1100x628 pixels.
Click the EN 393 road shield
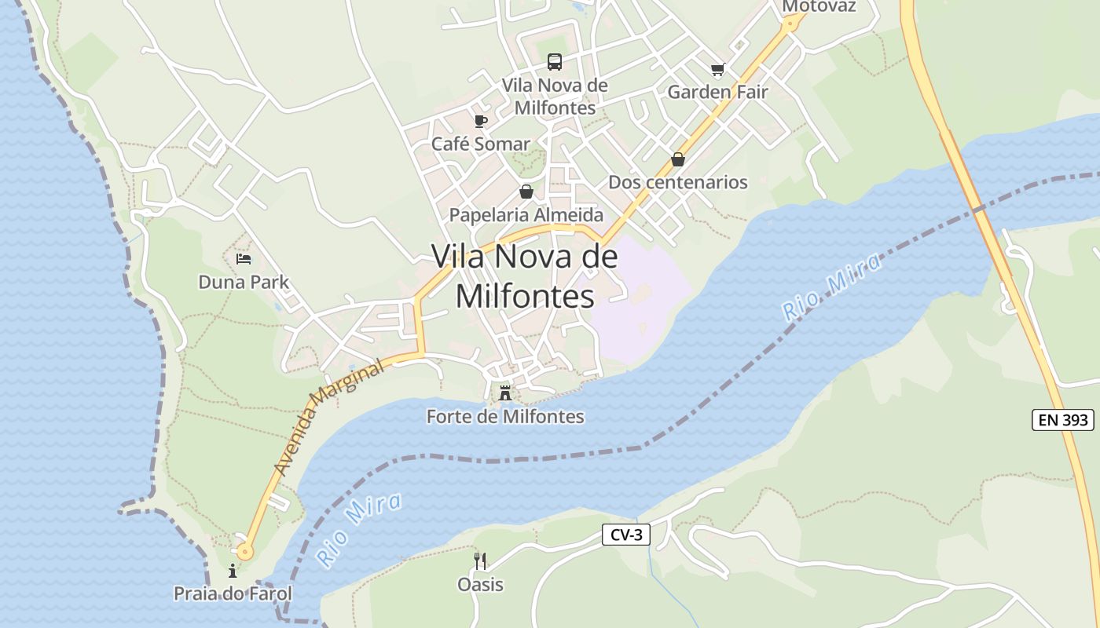1062,420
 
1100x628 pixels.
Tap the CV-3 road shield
626,535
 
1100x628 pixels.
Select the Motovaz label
819,6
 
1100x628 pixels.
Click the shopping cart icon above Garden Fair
717,70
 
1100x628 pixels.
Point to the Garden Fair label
717,92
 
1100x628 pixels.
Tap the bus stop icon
555,61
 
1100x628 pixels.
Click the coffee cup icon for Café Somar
481,121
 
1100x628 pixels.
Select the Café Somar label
481,144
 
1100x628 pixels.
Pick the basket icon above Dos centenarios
677,159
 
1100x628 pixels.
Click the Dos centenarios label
677,183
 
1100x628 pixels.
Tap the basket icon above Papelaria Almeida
526,192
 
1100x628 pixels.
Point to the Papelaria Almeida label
526,215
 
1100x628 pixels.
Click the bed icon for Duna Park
244,258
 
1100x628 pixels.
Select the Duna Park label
244,282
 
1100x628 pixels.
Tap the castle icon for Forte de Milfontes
505,392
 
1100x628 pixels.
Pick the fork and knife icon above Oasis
480,560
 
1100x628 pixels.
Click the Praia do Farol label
233,593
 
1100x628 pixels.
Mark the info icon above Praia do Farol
233,571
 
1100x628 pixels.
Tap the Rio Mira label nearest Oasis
358,530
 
